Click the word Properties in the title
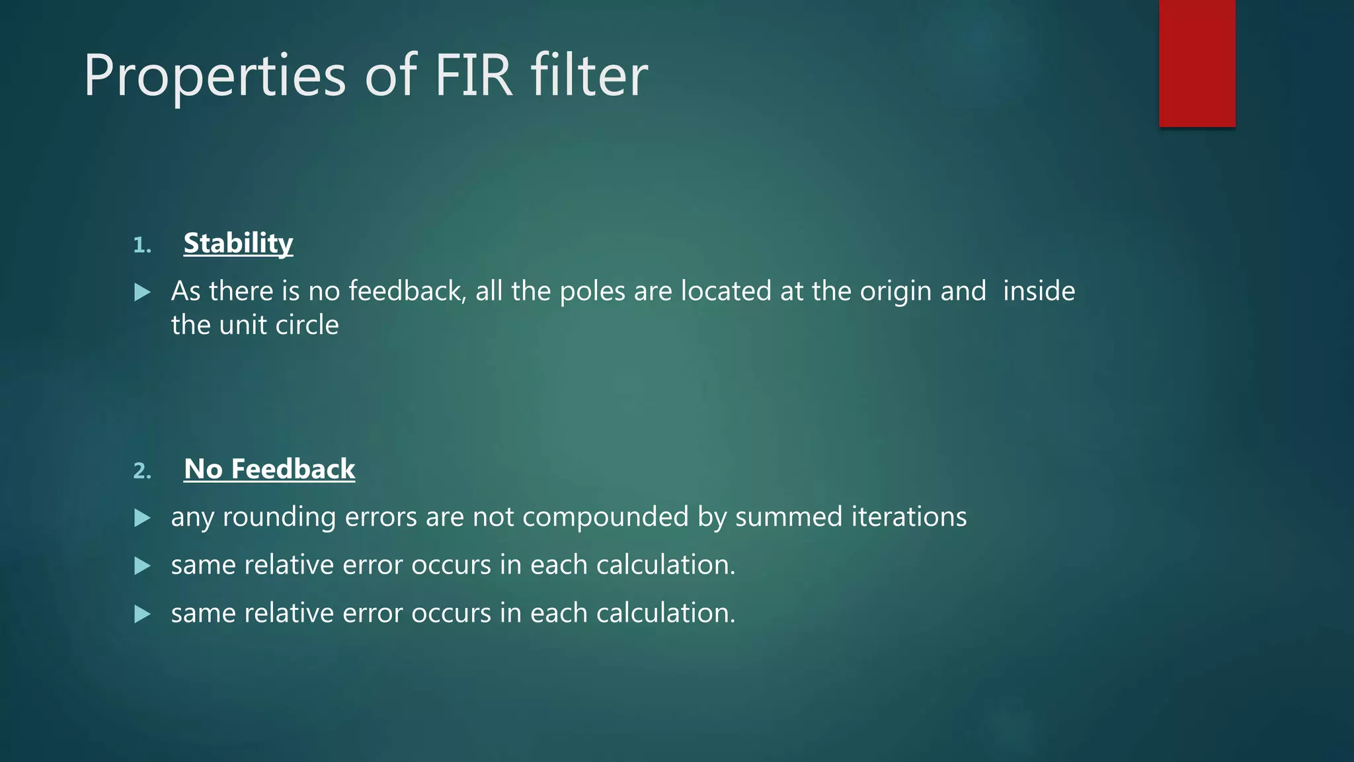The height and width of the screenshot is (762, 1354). pyautogui.click(x=215, y=76)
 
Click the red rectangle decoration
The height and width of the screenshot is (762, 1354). pyautogui.click(x=1197, y=63)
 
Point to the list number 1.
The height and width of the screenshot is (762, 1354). pyautogui.click(x=142, y=245)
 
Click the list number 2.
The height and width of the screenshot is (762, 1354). pyautogui.click(x=142, y=471)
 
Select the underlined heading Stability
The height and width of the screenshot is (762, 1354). pyautogui.click(x=238, y=243)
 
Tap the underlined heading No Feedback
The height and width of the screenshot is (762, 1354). pyautogui.click(x=269, y=469)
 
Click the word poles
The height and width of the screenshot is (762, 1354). pyautogui.click(x=592, y=292)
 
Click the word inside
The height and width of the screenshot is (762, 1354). pyautogui.click(x=1039, y=292)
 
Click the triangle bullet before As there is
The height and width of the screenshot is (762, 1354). pyautogui.click(x=142, y=292)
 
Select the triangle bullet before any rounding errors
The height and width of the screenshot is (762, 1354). pyautogui.click(x=142, y=518)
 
